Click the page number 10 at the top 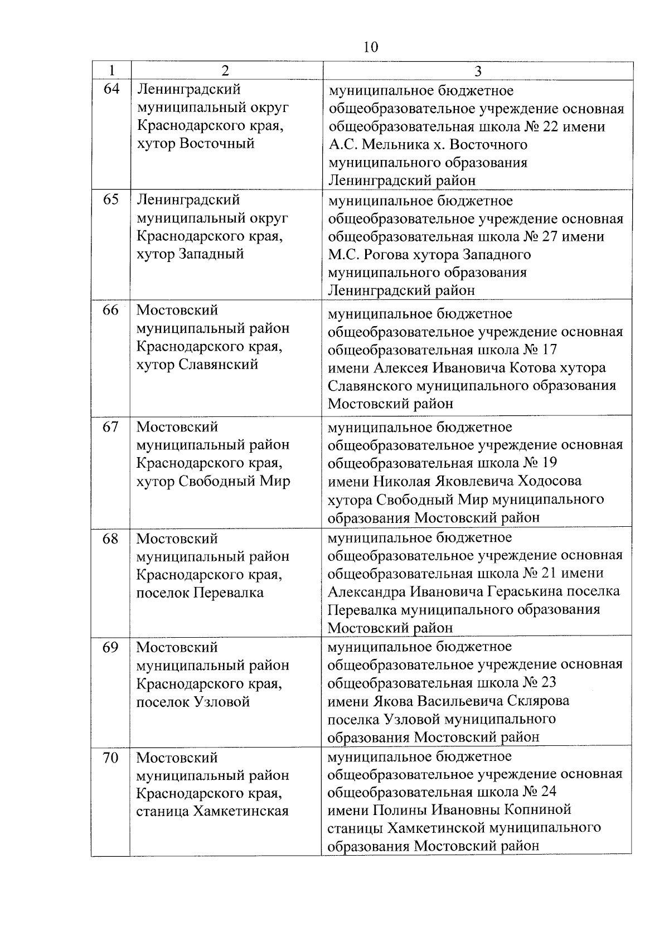(370, 47)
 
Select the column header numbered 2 (225, 71)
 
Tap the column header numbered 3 (478, 71)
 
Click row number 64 (111, 89)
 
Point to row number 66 (111, 311)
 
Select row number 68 (111, 539)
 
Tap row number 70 (111, 758)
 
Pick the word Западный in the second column (211, 254)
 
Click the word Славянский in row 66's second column (219, 365)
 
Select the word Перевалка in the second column (229, 593)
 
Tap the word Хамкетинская (241, 811)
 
